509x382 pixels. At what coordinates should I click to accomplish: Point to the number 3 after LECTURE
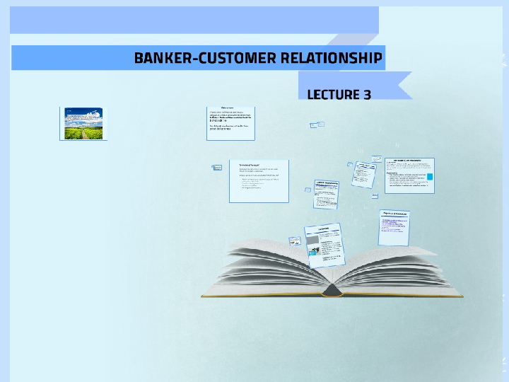tap(367, 94)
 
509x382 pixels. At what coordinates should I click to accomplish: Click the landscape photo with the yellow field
tap(83, 123)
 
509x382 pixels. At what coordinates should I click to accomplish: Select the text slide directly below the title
tap(232, 121)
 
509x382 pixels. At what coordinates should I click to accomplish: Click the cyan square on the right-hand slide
tap(429, 176)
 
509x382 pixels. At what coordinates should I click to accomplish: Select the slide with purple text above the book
tap(396, 224)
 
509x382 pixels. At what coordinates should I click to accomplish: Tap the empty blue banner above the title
tap(194, 20)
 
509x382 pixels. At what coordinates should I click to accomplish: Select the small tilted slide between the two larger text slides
tap(328, 193)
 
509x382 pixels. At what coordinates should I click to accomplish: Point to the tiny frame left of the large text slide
tap(217, 168)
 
